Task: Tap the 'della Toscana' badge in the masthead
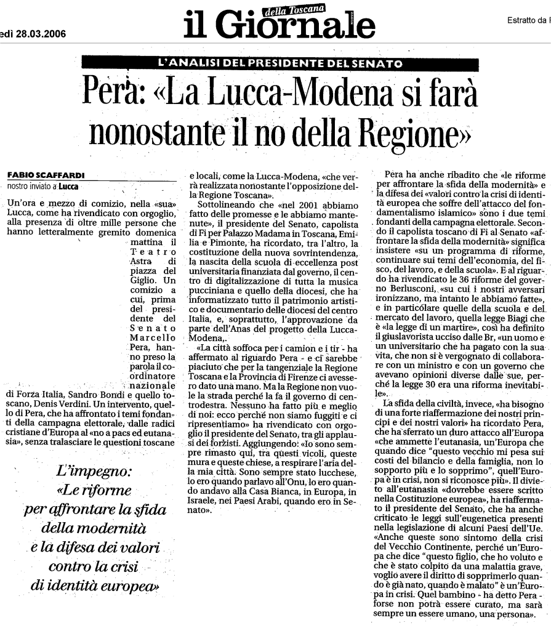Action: tap(292, 9)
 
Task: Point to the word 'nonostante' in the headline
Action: tap(154, 131)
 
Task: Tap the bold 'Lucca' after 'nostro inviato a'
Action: tap(68, 185)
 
